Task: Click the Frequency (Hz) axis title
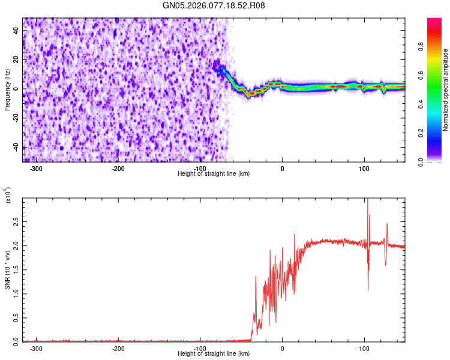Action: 7,90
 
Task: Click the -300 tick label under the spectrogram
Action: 37,168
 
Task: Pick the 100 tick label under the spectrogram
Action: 364,168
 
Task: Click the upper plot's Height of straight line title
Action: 214,173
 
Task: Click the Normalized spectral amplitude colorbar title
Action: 446,90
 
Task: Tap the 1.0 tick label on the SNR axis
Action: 16,293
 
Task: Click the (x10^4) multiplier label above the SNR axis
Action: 8,195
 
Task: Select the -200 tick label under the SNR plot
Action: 118,348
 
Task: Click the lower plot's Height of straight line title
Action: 214,353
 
